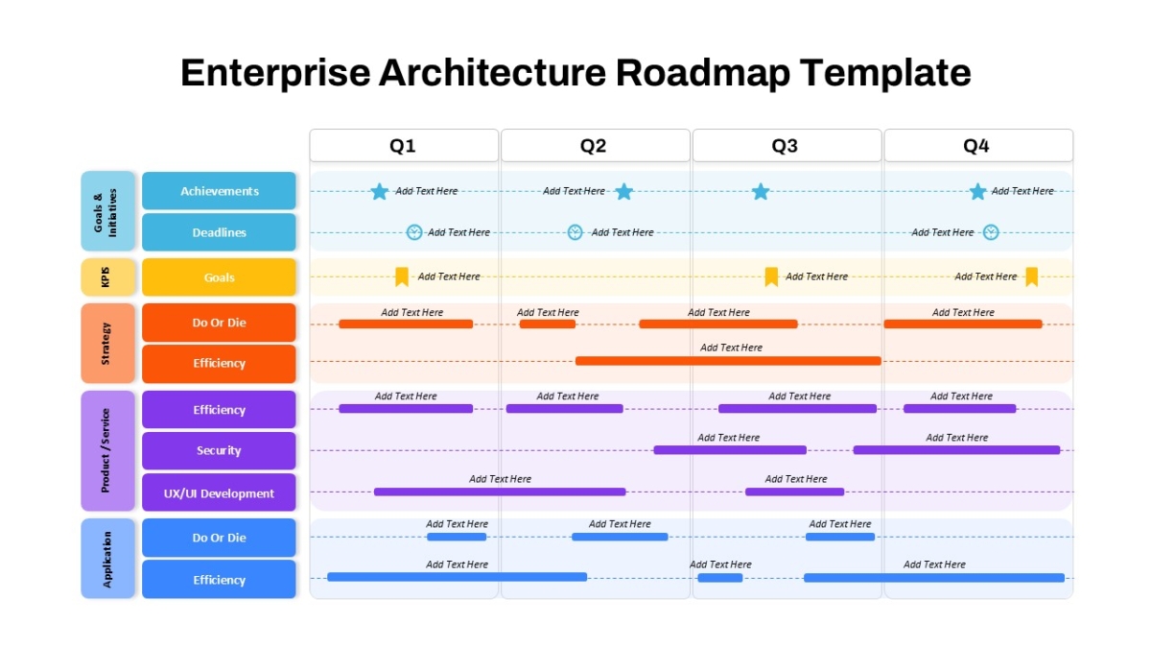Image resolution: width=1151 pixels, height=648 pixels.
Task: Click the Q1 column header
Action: coord(404,146)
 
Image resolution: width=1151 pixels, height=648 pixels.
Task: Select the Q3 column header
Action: coord(787,146)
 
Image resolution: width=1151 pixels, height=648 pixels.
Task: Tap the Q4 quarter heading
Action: coord(977,146)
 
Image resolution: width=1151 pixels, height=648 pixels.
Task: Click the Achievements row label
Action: coord(219,191)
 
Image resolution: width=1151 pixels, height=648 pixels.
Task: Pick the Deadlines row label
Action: coord(219,232)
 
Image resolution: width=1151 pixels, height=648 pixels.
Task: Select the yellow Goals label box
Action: coord(219,277)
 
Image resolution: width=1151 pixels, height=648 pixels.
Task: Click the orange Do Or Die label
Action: coord(219,323)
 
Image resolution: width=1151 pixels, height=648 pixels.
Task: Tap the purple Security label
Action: coord(219,450)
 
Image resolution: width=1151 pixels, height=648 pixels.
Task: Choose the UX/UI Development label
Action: coord(219,492)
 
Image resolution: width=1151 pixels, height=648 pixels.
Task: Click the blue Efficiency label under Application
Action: coord(219,580)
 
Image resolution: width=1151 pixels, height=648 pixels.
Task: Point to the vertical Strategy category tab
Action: coord(107,343)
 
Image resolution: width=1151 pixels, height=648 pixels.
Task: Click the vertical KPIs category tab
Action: coord(107,277)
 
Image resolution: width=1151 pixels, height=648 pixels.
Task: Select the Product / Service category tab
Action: coord(107,450)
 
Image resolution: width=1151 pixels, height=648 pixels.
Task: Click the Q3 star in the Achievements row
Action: coord(761,192)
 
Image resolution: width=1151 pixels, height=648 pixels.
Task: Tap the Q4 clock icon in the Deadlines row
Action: coord(991,232)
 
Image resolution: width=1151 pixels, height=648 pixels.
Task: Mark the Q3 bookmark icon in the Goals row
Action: coord(771,276)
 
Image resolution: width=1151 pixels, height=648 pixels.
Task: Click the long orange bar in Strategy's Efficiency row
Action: coord(728,361)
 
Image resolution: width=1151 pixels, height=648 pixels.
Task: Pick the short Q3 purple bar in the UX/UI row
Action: coord(794,492)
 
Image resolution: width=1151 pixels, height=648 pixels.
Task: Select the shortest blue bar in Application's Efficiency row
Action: coord(720,578)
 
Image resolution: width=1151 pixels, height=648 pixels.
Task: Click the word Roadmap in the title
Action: coord(702,73)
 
